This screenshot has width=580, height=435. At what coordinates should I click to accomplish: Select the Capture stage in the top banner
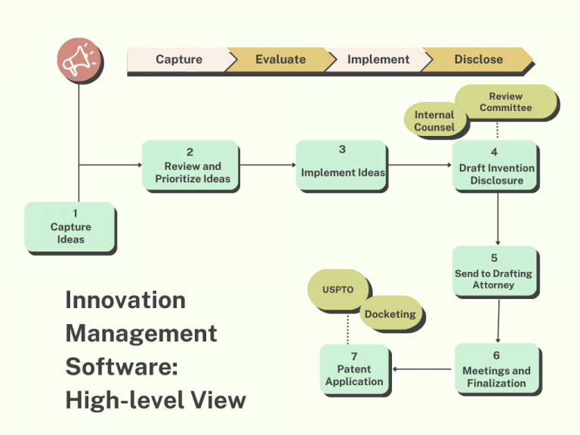tap(178, 60)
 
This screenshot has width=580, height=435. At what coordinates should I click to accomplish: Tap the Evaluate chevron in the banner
tap(280, 60)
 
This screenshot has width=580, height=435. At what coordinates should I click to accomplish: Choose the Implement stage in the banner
tap(378, 60)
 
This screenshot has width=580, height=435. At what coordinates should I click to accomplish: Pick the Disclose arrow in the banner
tap(478, 60)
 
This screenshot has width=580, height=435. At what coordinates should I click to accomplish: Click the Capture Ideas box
tap(70, 227)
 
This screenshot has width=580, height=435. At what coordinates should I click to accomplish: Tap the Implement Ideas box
tap(343, 165)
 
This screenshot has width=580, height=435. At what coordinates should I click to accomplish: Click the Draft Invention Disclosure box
tap(496, 167)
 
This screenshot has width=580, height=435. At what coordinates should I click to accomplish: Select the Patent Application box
tap(354, 369)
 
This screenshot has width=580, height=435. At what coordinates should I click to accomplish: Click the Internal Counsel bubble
tap(434, 121)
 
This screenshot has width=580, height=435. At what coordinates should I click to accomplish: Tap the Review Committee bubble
tap(505, 102)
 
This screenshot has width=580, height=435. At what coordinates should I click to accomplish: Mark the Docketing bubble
tap(390, 313)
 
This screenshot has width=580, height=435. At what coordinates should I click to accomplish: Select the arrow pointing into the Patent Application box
tap(423, 369)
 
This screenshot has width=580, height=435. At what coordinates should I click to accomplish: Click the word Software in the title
tap(121, 366)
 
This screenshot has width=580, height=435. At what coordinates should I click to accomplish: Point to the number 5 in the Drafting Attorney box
tap(494, 258)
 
